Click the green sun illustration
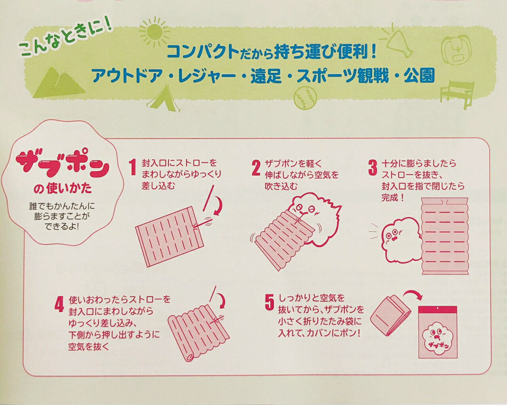click(154, 32)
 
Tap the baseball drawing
click(305, 98)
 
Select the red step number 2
click(256, 168)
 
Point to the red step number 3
click(372, 168)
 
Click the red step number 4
click(59, 304)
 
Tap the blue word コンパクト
click(203, 52)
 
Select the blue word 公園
click(419, 76)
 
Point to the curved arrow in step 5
click(413, 294)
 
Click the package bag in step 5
click(438, 332)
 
